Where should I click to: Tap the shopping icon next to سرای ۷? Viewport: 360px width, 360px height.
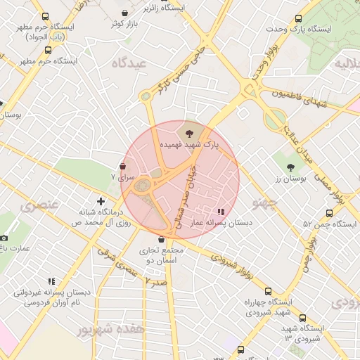pos(123,167)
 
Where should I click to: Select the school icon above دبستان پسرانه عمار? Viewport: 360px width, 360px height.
pos(221,211)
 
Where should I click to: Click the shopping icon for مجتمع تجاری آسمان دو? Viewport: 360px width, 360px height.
pos(162,240)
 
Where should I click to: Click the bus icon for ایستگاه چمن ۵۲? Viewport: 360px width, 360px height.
pos(329,213)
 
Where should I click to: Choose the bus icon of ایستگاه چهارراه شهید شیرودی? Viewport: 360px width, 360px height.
pos(267,291)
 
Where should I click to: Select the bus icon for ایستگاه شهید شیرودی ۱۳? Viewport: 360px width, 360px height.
pos(302,318)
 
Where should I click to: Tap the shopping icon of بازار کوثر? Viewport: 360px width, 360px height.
pos(125,13)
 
